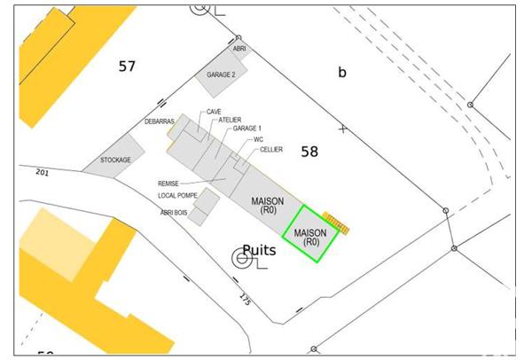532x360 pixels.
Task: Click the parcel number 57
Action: point(128,67)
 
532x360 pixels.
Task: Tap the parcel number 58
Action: point(309,152)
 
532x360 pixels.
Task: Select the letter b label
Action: point(342,73)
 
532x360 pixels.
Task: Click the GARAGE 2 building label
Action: point(221,75)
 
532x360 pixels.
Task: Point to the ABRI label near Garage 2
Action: point(238,50)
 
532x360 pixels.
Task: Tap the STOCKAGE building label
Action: point(115,160)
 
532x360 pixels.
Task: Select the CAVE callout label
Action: point(214,112)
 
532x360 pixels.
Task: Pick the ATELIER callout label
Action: point(231,120)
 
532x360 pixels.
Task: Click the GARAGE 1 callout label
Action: point(247,129)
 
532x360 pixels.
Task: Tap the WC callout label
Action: point(258,139)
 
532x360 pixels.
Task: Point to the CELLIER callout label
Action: point(271,150)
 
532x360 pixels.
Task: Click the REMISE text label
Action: point(168,184)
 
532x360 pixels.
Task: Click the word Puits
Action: point(259,251)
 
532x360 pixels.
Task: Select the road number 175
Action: point(245,300)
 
